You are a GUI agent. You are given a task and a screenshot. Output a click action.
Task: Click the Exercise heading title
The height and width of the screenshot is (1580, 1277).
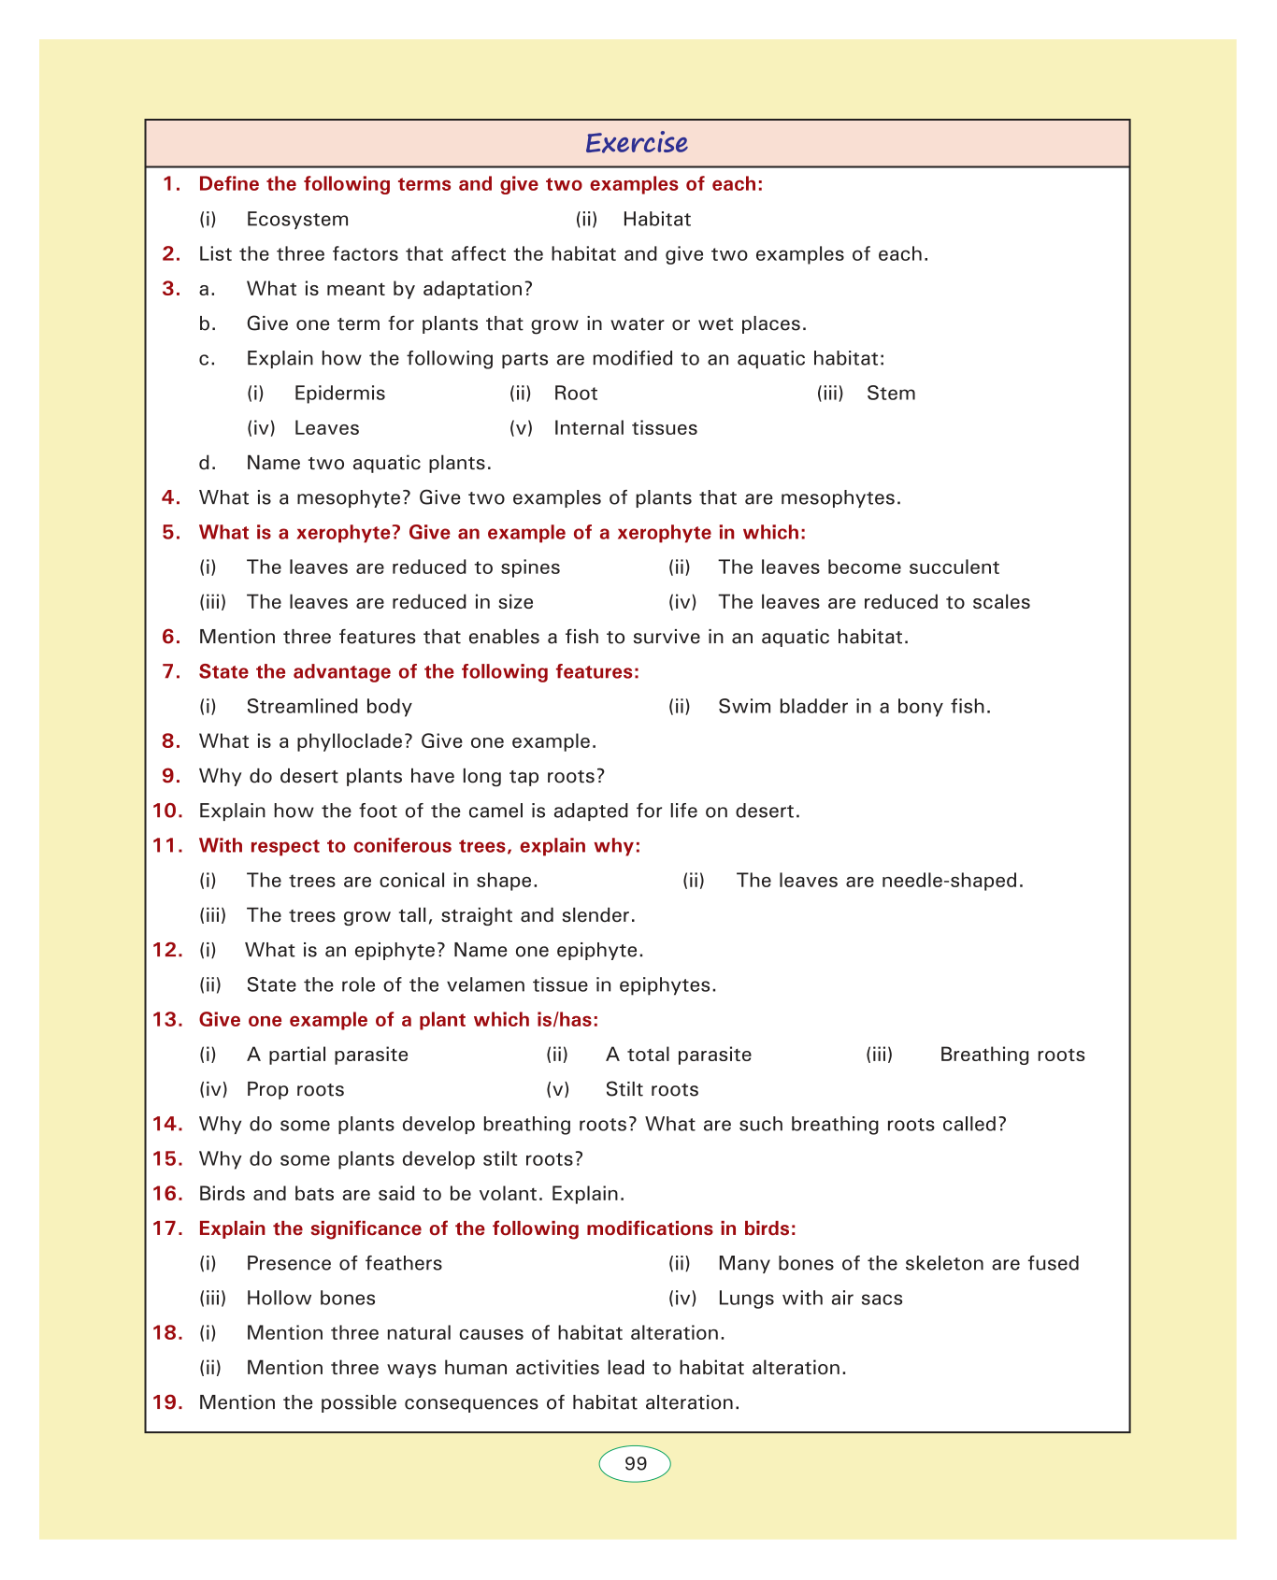pyautogui.click(x=637, y=143)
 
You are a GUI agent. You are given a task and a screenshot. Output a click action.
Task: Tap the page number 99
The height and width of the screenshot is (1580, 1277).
pyautogui.click(x=635, y=1464)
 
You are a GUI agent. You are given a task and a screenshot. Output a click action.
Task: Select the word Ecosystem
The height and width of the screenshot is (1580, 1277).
pyautogui.click(x=297, y=220)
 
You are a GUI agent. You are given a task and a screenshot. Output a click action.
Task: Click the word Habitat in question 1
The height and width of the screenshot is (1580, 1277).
pyautogui.click(x=656, y=220)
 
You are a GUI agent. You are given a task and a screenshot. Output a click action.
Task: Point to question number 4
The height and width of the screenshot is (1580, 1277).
pyautogui.click(x=170, y=497)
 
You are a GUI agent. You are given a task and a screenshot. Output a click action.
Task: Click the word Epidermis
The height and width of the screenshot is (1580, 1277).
pyautogui.click(x=339, y=394)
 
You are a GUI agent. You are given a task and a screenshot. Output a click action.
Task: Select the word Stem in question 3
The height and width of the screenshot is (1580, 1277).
pyautogui.click(x=891, y=394)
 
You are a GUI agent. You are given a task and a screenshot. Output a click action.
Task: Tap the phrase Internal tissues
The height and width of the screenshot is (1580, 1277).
pyautogui.click(x=625, y=428)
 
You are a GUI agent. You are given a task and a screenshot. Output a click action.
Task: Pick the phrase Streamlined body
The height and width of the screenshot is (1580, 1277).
pyautogui.click(x=329, y=707)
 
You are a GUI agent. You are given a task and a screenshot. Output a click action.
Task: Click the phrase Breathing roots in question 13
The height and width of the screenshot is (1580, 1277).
pyautogui.click(x=1012, y=1056)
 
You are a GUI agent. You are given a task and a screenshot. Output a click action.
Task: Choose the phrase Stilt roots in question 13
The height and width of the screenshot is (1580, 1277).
pyautogui.click(x=652, y=1090)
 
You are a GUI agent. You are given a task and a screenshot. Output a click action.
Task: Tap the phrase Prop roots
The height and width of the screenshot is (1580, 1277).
pyautogui.click(x=295, y=1090)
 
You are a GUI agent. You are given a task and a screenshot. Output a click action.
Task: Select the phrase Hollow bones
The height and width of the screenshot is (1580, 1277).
pyautogui.click(x=310, y=1299)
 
